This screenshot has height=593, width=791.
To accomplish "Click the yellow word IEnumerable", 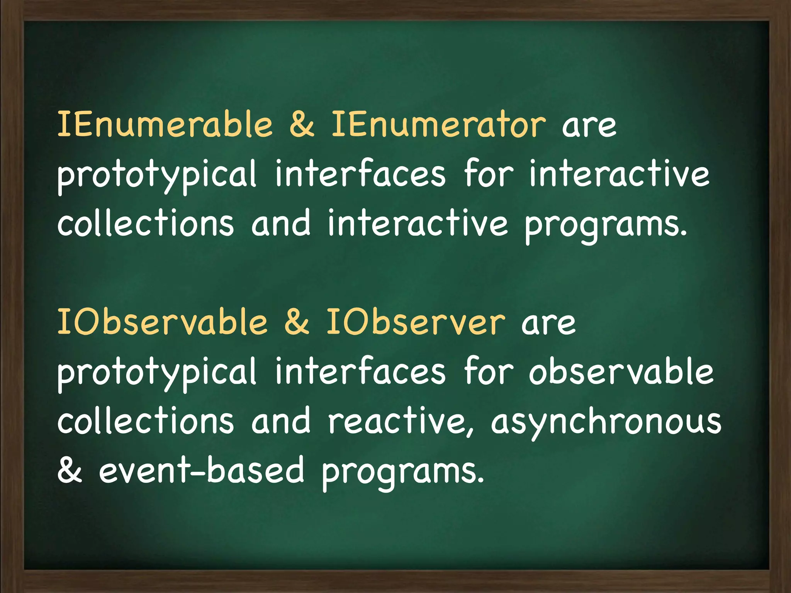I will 165,124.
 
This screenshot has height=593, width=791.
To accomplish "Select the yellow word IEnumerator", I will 439,124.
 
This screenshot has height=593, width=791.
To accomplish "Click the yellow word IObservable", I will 162,322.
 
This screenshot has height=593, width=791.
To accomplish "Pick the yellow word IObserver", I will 416,322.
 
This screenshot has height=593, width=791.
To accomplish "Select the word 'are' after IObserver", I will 548,324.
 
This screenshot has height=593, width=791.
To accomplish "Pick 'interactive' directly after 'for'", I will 619,175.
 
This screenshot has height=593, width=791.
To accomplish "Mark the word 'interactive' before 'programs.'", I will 418,224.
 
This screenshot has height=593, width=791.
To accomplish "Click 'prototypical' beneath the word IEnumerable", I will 157,176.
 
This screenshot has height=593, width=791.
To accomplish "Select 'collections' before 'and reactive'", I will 146,422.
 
